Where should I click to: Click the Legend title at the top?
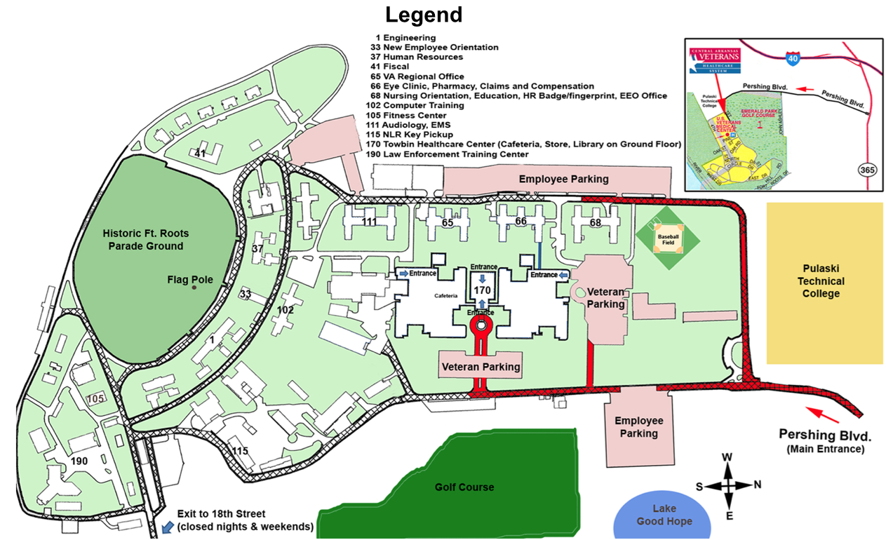(424, 15)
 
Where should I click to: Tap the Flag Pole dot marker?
(194, 288)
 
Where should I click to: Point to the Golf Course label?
(464, 487)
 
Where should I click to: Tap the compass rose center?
(728, 485)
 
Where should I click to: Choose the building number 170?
(482, 289)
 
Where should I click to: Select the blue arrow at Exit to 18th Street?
(168, 525)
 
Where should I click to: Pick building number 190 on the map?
(79, 461)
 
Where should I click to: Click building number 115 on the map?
(241, 450)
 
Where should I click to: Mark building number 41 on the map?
(201, 153)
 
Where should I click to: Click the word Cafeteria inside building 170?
(445, 296)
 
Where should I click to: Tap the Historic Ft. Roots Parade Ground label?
(145, 239)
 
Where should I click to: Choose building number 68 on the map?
(596, 223)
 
